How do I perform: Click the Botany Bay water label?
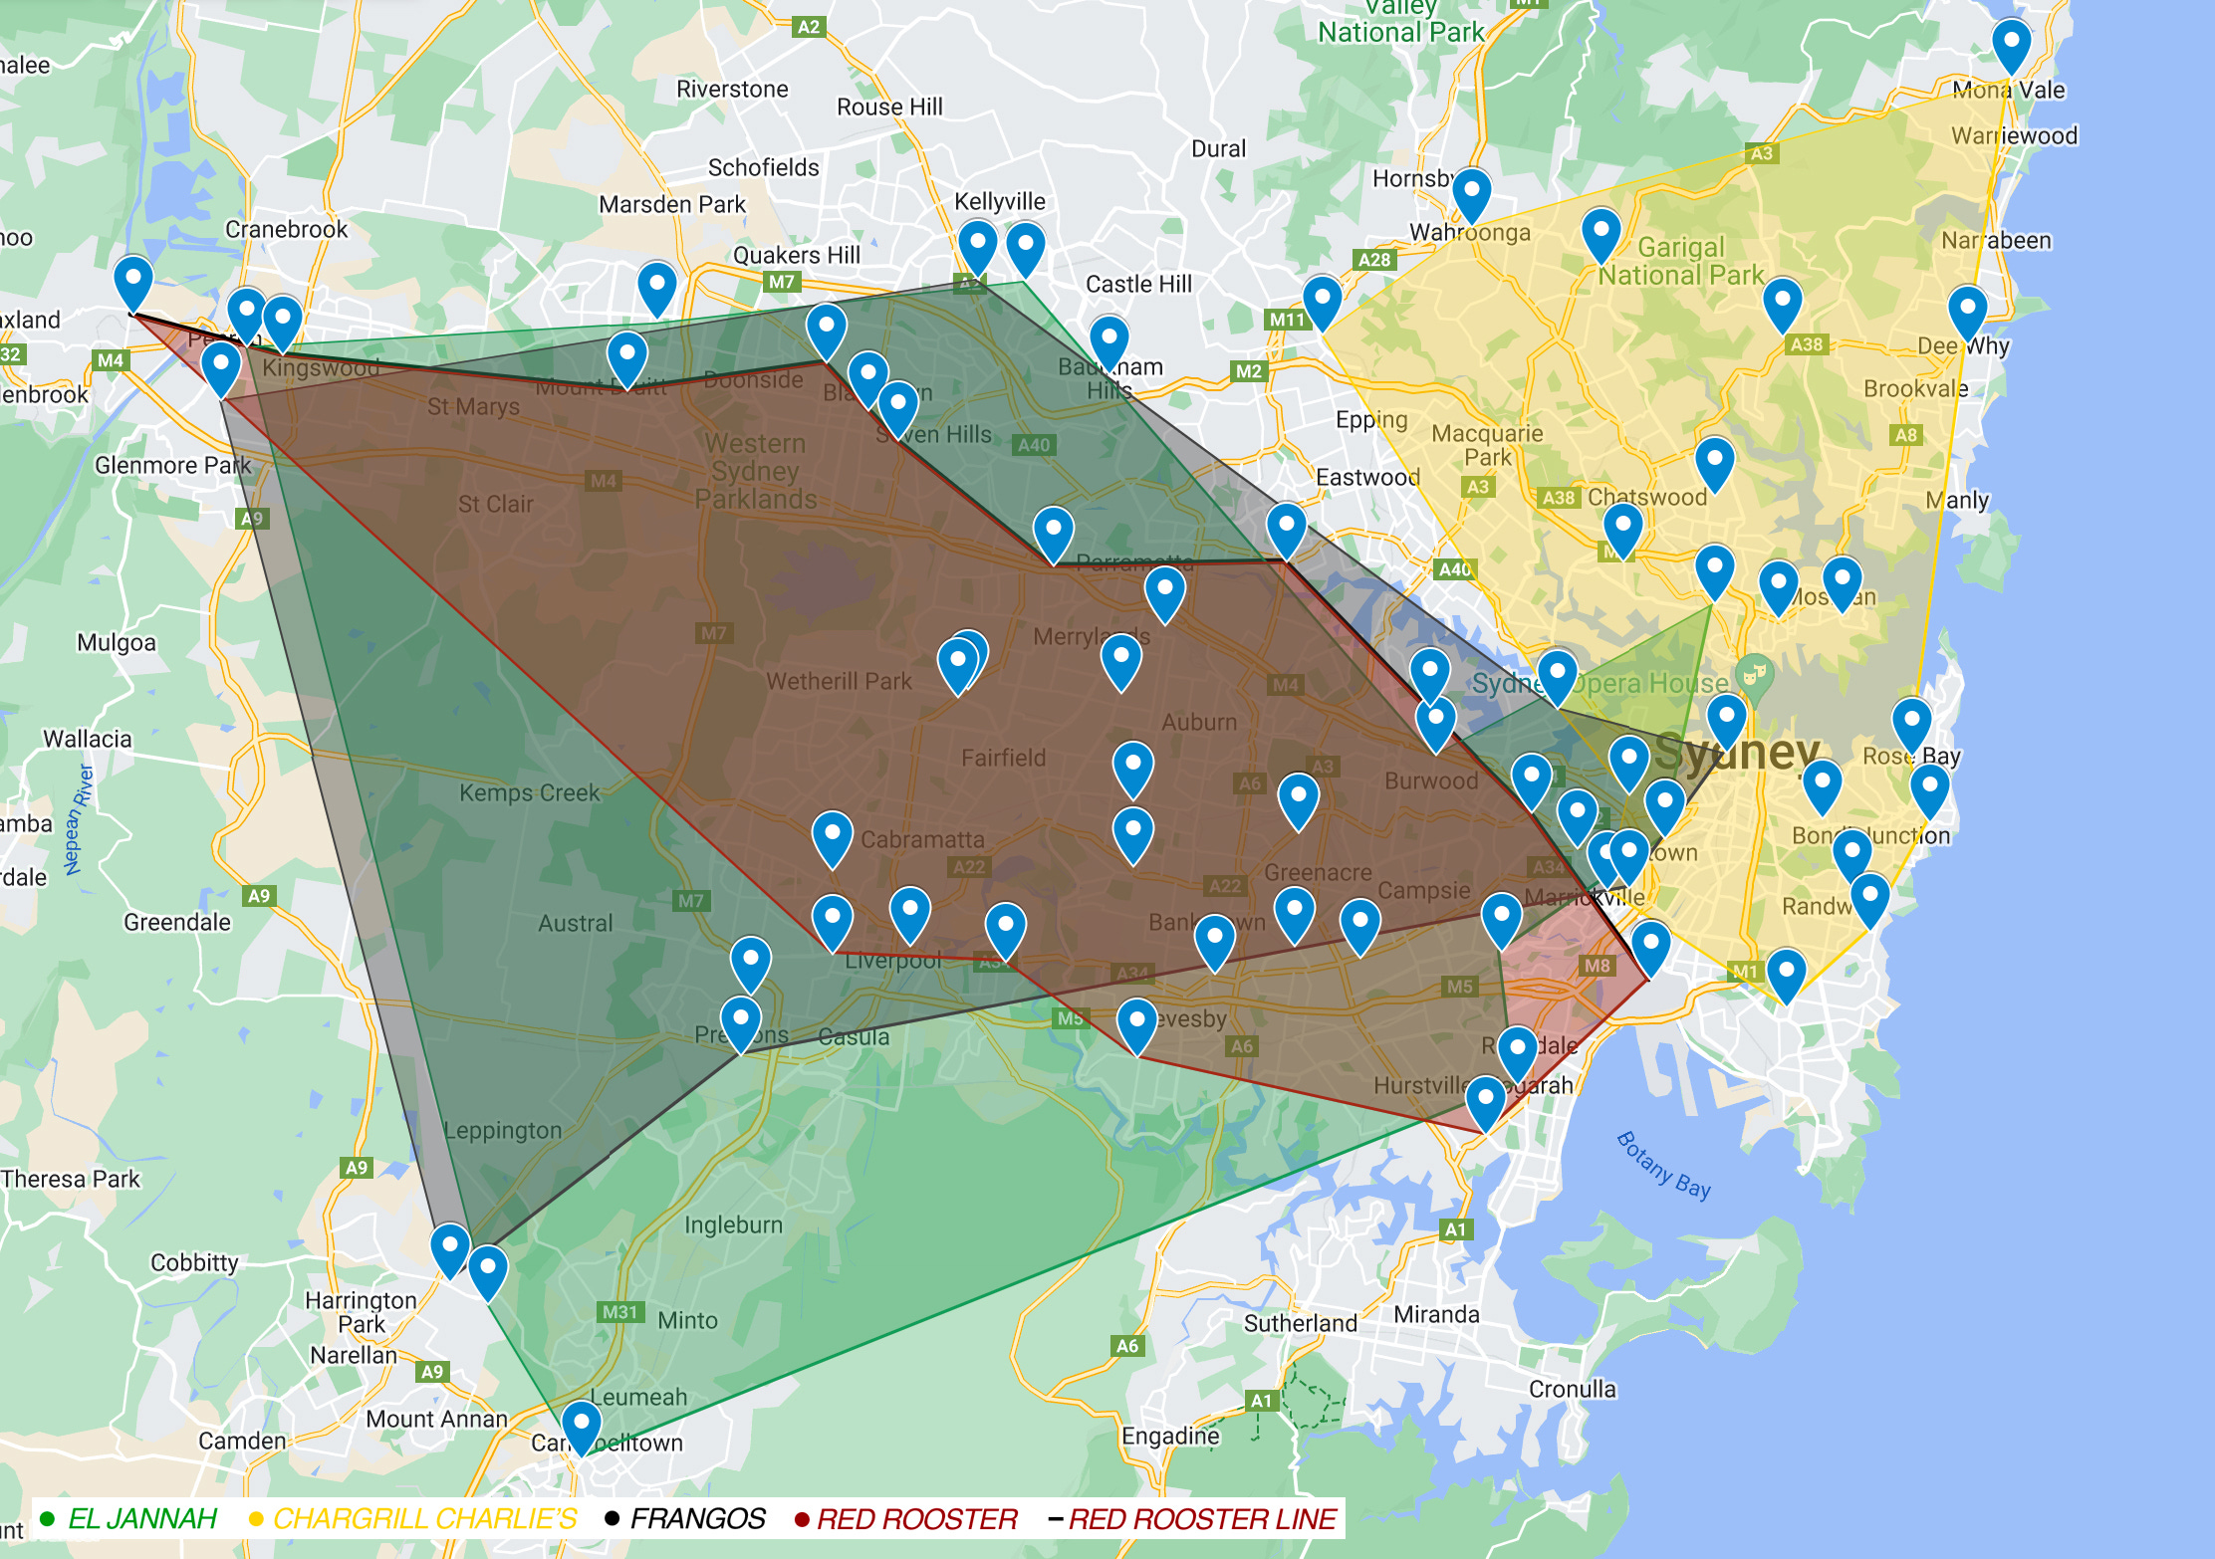pyautogui.click(x=1663, y=1166)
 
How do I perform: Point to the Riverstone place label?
pyautogui.click(x=732, y=90)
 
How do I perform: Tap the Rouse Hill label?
pyautogui.click(x=889, y=108)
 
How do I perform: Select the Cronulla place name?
pyautogui.click(x=1572, y=1390)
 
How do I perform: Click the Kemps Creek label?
pyautogui.click(x=529, y=793)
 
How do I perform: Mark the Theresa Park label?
pyautogui.click(x=71, y=1180)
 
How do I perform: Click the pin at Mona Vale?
pyautogui.click(x=2011, y=44)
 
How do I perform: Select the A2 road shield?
pyautogui.click(x=809, y=27)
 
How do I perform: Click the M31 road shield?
pyautogui.click(x=619, y=1312)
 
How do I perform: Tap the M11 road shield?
pyautogui.click(x=1286, y=320)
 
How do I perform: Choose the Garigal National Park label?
pyautogui.click(x=1681, y=261)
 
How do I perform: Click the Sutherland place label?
pyautogui.click(x=1300, y=1324)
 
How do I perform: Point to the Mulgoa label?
pyautogui.click(x=117, y=643)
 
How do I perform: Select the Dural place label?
pyautogui.click(x=1218, y=149)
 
